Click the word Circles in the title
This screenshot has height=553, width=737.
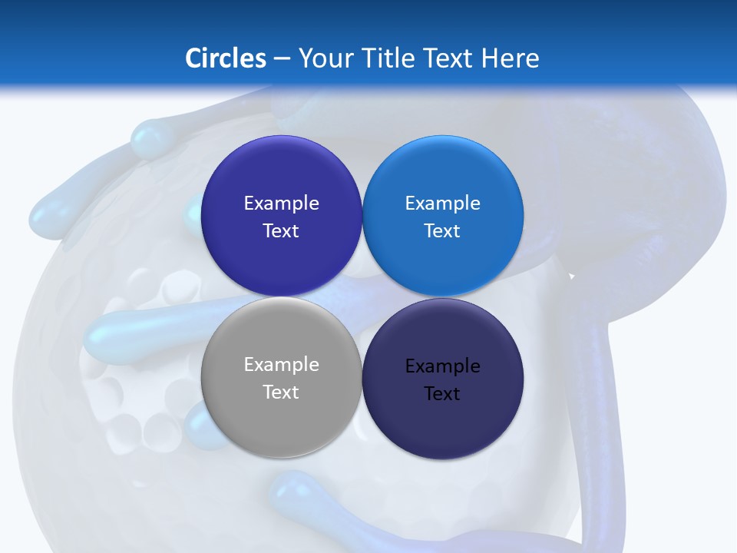pos(226,58)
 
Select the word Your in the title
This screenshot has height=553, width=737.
pos(323,58)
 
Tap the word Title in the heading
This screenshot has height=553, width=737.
pos(389,58)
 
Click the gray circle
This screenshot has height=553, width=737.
pos(281,378)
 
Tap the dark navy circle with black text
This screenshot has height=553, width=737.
pos(443,379)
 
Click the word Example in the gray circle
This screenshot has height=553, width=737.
pos(281,365)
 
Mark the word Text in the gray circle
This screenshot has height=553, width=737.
pos(281,392)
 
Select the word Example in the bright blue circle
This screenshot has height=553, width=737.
pos(443,204)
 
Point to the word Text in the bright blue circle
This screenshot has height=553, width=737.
pos(443,231)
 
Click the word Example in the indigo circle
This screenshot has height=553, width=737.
pos(281,204)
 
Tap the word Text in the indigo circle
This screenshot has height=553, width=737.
pos(281,231)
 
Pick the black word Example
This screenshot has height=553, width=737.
pos(443,366)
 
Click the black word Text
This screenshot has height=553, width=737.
pos(443,394)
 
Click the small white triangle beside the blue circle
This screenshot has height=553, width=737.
pos(571,275)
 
